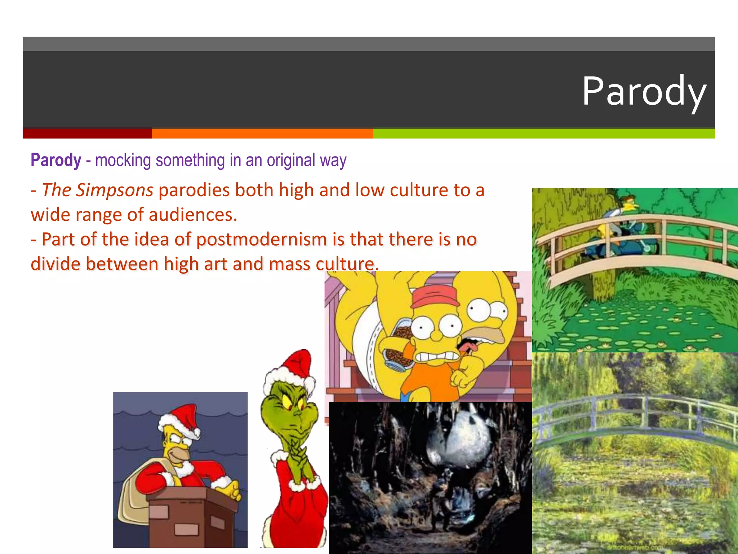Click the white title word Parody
point(644,92)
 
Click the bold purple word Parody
point(56,160)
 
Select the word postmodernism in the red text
point(262,239)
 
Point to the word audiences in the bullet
point(193,215)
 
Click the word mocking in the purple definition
point(123,160)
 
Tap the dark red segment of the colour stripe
point(87,133)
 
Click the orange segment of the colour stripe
point(262,133)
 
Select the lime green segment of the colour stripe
point(544,133)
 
